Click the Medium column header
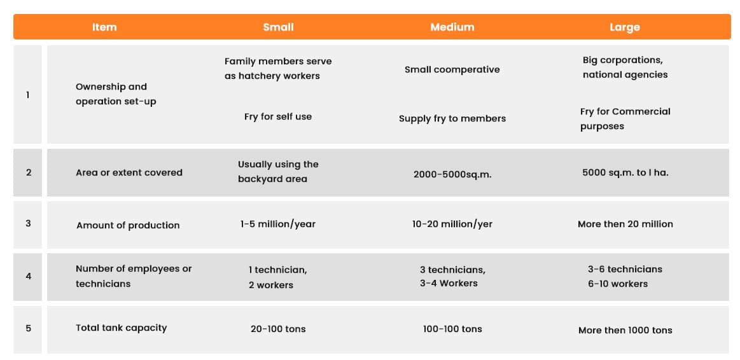[x=452, y=27]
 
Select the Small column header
[x=278, y=27]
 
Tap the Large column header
[x=624, y=27]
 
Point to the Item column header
[x=104, y=27]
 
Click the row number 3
[x=29, y=223]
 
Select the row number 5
[x=29, y=328]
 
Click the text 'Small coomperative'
[x=452, y=69]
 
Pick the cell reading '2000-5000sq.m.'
[x=452, y=174]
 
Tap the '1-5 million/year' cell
[x=278, y=224]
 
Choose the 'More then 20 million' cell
[x=625, y=224]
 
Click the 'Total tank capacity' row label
[x=122, y=328]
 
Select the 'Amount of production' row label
[x=128, y=225]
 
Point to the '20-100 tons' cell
[x=278, y=329]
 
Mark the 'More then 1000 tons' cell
[x=625, y=330]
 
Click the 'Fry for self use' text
[x=278, y=116]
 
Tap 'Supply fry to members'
[x=452, y=118]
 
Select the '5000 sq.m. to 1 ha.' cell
[x=625, y=173]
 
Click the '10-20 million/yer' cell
[x=452, y=224]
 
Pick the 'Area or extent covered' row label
[x=129, y=173]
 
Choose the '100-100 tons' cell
[x=452, y=329]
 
